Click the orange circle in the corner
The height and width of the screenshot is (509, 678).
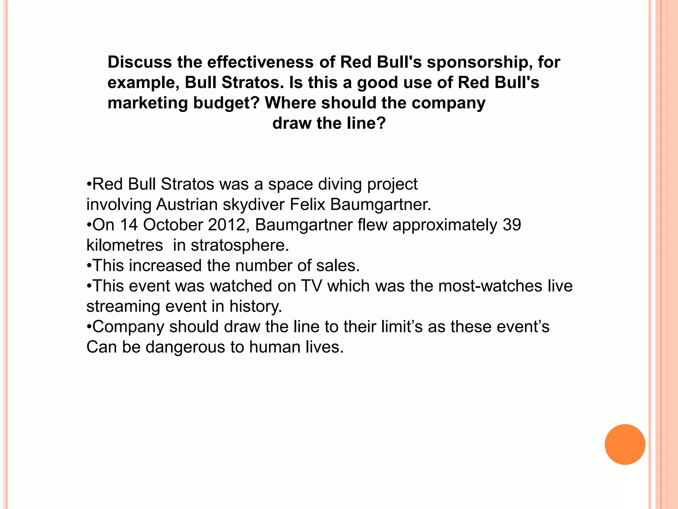click(625, 444)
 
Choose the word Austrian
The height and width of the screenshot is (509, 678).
click(187, 204)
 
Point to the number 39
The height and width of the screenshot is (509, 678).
click(512, 225)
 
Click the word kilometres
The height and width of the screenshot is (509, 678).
click(124, 245)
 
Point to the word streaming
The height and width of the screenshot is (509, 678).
click(123, 307)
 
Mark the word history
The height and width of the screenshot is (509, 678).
click(256, 307)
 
